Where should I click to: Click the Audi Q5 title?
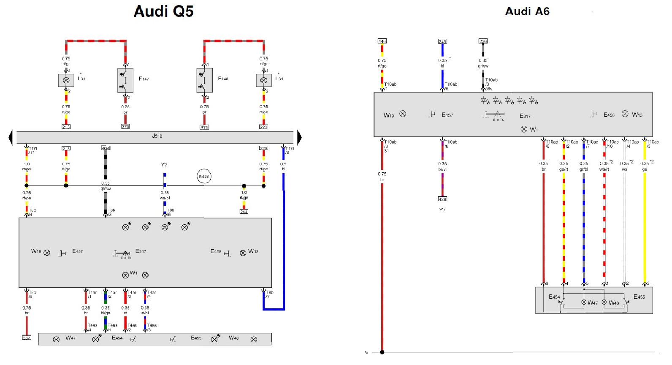click(163, 11)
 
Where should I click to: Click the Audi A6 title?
click(527, 11)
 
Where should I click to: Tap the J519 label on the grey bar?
click(157, 136)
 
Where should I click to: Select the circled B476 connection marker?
click(204, 177)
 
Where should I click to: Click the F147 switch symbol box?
click(125, 80)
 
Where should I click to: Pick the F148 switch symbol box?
click(204, 80)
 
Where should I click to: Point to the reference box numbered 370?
click(125, 126)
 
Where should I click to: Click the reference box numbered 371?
click(204, 127)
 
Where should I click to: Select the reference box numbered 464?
click(106, 148)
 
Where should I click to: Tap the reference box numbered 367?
click(27, 338)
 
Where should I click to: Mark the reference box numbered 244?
click(244, 212)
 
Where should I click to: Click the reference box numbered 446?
click(382, 41)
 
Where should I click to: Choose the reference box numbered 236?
click(483, 41)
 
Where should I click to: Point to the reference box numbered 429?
click(442, 199)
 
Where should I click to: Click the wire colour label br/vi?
click(442, 169)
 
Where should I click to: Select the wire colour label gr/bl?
click(584, 169)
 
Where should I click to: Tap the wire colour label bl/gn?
click(106, 313)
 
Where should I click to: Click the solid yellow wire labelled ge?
click(645, 228)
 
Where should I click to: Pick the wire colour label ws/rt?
click(604, 169)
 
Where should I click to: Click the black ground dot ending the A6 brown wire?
click(382, 352)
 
